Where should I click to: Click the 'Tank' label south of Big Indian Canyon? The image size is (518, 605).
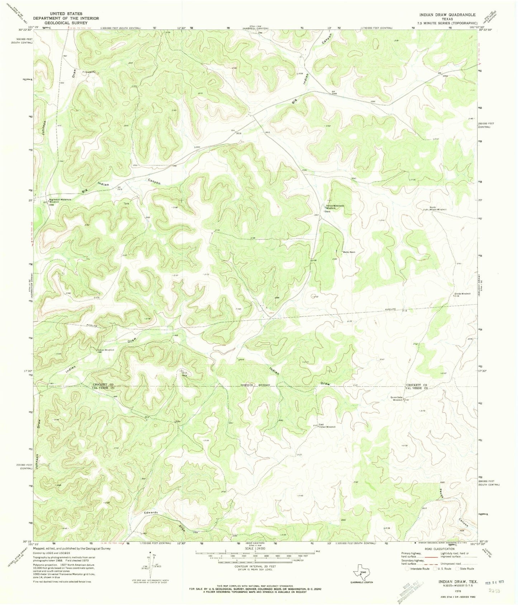click(x=126, y=204)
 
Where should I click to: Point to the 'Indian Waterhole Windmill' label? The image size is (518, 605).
click(x=335, y=207)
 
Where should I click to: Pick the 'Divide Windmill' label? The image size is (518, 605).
click(x=462, y=294)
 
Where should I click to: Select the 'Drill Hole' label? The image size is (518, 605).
click(x=185, y=374)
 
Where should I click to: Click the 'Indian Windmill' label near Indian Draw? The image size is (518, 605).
click(x=105, y=349)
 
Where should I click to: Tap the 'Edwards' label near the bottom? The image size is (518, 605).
click(x=151, y=513)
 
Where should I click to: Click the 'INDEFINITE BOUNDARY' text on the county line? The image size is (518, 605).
click(x=255, y=385)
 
